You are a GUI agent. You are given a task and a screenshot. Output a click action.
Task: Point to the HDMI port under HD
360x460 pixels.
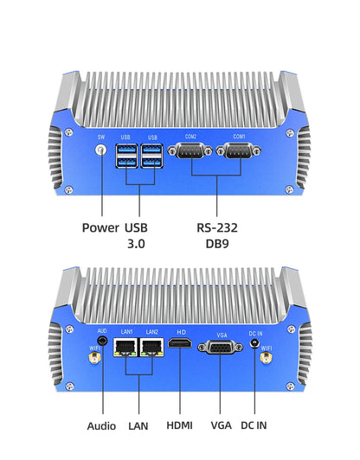181,346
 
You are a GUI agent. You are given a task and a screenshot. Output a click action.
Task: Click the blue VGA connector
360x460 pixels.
219,347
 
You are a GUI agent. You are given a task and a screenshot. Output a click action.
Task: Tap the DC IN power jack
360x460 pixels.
255,343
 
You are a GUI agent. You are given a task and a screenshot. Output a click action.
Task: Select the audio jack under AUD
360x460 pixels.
102,342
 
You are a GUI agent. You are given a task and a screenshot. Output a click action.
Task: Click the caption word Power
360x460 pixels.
100,228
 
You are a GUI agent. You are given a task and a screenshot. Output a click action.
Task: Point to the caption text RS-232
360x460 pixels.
216,228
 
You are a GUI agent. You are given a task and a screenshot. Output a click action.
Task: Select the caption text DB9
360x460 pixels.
216,245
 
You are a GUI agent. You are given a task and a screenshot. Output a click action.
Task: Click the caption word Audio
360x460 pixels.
102,425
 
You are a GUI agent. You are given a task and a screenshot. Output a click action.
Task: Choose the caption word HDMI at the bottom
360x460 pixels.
179,425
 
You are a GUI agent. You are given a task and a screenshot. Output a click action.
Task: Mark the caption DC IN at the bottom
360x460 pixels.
255,425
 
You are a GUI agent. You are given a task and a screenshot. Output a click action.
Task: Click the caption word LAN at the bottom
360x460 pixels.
138,425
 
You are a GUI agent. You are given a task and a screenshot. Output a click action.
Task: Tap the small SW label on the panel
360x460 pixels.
102,137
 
